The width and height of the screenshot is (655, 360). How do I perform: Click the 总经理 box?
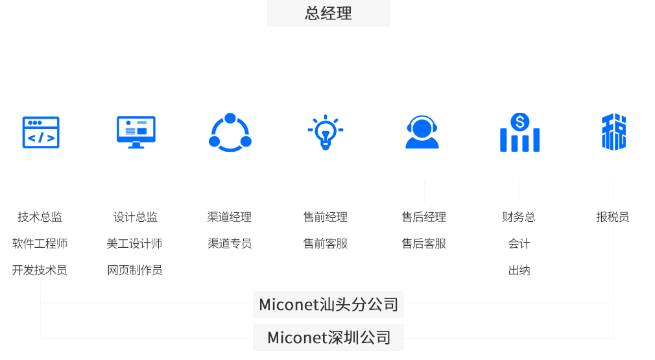tap(328, 13)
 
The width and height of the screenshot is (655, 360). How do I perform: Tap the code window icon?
tap(41, 132)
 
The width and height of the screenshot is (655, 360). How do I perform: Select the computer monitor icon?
tap(136, 132)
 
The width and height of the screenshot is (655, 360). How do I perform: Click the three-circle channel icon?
tap(230, 132)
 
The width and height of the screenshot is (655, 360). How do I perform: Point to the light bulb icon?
tap(326, 132)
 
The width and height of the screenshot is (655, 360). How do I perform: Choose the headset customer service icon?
tap(422, 132)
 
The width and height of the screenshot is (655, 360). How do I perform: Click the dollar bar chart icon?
tap(519, 132)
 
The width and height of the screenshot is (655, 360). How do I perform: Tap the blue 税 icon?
tap(613, 132)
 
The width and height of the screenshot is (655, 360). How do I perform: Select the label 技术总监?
tap(40, 217)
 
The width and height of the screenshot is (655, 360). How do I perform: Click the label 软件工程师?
tap(40, 243)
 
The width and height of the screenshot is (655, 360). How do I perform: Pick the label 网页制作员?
tap(135, 270)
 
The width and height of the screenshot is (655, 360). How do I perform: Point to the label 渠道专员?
tap(230, 243)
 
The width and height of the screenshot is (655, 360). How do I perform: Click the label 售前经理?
tap(326, 217)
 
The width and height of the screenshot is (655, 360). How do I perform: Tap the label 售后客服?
tap(424, 243)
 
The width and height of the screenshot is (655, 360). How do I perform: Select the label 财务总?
tap(519, 217)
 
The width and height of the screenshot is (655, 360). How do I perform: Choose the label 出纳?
tap(519, 270)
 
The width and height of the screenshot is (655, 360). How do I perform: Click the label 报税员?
tap(613, 217)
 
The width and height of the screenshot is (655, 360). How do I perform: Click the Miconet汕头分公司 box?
tap(328, 304)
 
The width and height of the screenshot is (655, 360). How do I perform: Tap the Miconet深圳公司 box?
tap(328, 337)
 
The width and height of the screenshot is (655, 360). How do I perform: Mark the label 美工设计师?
tap(134, 243)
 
